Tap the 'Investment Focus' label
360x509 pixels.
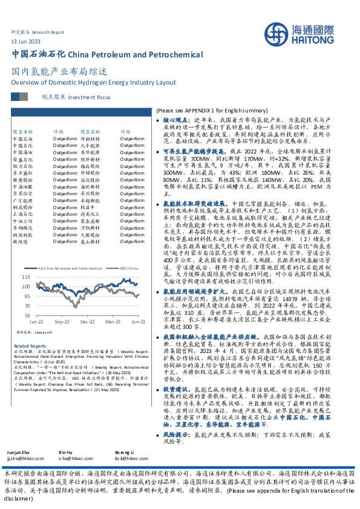[90, 97]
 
